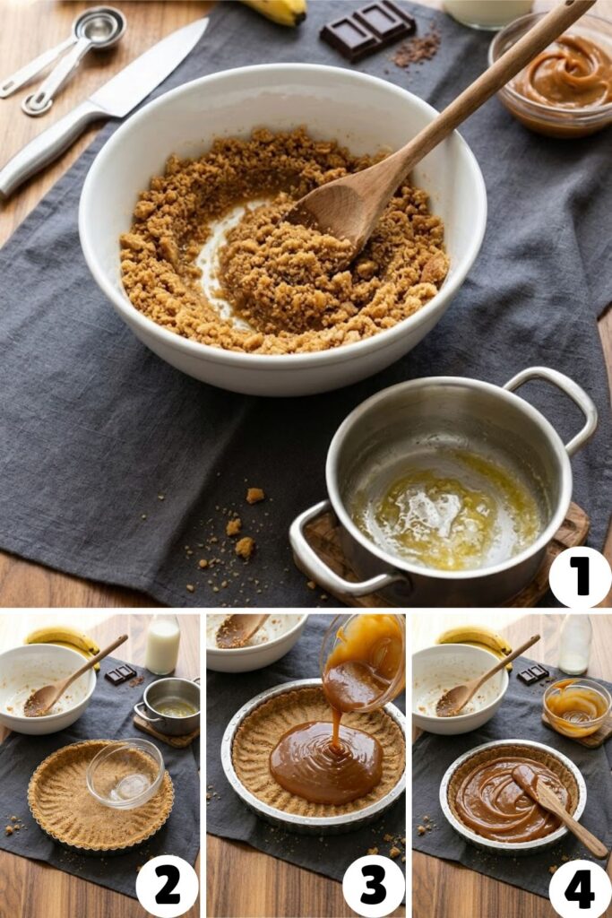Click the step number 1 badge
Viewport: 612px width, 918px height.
pos(580,577)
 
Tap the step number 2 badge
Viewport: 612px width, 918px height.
pos(167,886)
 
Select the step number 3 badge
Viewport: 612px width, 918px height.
pos(373,886)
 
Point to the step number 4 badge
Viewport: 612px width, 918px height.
pos(579,888)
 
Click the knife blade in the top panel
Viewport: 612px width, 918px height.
pos(152,68)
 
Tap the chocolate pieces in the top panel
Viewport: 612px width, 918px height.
pos(368,28)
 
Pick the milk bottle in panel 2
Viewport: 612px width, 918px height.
pos(162,644)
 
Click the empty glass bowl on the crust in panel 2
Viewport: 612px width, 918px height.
pos(125,772)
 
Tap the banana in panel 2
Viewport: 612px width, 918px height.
pos(63,638)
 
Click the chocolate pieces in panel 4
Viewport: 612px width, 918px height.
pos(534,673)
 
